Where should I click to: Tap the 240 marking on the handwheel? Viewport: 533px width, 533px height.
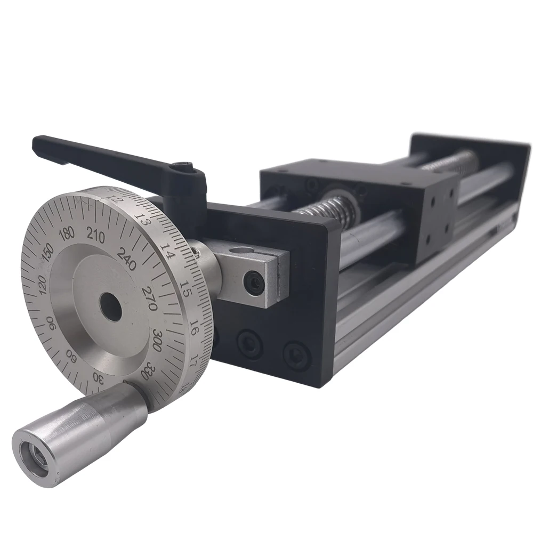click(127, 259)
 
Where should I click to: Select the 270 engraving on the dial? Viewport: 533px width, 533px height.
click(149, 298)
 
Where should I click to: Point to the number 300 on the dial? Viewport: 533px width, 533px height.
click(158, 339)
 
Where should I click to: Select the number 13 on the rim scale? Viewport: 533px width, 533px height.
click(142, 219)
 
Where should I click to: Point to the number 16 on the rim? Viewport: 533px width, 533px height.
click(195, 328)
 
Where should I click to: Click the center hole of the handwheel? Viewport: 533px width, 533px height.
click(111, 308)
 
